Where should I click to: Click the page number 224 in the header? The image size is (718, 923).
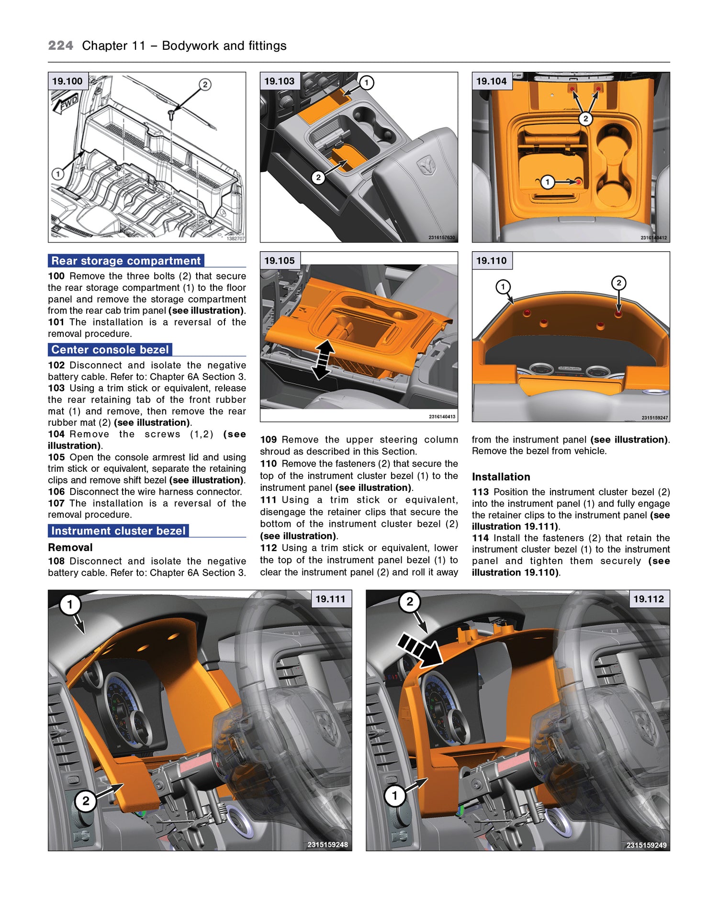coord(60,45)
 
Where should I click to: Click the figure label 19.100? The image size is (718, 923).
coord(67,81)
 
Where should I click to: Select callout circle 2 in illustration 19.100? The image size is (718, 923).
coord(205,85)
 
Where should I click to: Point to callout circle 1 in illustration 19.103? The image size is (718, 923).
coord(367,83)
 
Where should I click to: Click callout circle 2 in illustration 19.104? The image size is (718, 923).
coord(585,119)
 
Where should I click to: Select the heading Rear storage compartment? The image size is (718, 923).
coord(126,261)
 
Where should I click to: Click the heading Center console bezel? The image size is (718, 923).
coord(110,350)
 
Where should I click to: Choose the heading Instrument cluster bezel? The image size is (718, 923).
coord(118,531)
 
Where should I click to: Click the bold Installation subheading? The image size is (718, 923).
coord(501,477)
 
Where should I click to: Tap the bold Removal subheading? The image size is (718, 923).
coord(70,547)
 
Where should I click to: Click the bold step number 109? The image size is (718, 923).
coord(269,439)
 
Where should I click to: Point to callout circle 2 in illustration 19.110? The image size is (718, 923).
coord(618,283)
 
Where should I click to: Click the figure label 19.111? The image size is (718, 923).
coord(330,599)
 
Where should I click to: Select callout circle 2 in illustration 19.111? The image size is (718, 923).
coord(86,801)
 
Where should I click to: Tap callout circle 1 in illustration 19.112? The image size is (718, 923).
coord(395,796)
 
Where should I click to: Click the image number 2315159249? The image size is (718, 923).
coord(646,845)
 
